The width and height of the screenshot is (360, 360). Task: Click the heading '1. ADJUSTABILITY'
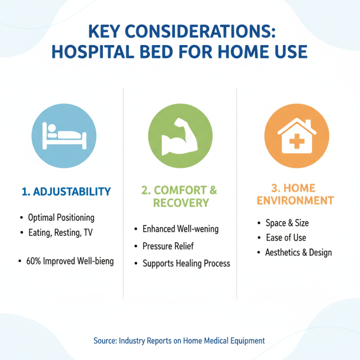coord(66,192)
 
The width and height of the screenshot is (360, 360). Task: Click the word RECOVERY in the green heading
coord(181,203)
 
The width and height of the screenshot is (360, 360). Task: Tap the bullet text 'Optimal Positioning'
coord(61,218)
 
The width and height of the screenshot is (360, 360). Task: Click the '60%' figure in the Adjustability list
coord(34,261)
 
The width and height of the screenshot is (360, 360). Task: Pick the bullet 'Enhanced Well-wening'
coord(180,229)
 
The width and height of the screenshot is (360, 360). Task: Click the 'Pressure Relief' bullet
coord(168,246)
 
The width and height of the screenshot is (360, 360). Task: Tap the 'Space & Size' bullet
coord(287,223)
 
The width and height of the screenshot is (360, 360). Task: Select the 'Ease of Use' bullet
coord(286,238)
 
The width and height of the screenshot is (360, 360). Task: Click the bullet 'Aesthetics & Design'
coord(298,252)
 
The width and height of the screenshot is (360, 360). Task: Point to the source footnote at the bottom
coord(179,341)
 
